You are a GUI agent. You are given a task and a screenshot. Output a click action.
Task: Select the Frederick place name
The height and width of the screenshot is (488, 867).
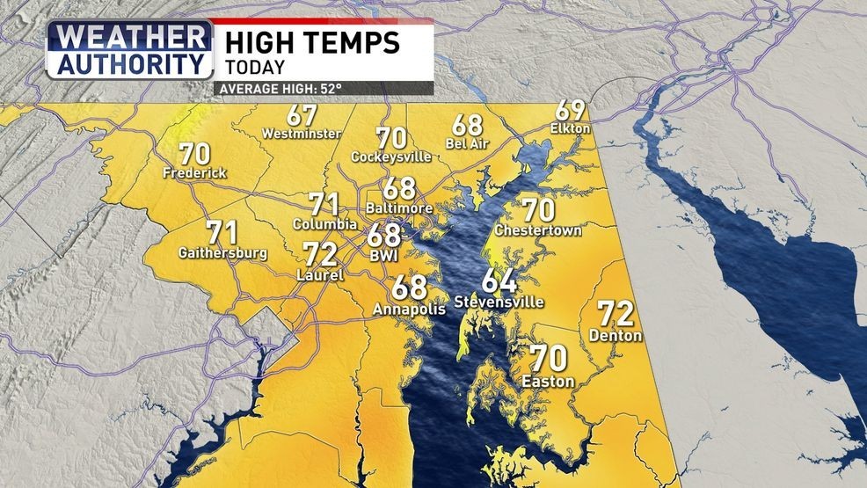tap(194, 173)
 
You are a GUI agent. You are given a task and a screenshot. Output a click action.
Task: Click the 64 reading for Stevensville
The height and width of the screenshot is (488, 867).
tap(499, 282)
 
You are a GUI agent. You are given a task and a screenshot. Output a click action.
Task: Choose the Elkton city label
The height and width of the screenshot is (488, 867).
tap(572, 129)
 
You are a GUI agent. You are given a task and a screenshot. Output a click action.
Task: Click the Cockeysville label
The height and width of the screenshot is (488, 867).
tap(391, 157)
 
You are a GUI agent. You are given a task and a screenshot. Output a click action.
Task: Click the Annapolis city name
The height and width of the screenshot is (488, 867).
tap(404, 310)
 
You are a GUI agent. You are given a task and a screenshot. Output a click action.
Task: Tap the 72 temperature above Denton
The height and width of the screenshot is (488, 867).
tap(616, 314)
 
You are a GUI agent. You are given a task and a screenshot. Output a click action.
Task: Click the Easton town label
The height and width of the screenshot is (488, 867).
tap(548, 382)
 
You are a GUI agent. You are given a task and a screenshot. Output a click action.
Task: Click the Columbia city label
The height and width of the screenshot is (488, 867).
tap(324, 224)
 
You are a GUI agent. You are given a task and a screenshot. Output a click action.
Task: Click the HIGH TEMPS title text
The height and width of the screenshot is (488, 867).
tap(312, 40)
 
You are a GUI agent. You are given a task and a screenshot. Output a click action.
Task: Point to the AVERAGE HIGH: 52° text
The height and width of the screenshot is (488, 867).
tap(280, 88)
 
